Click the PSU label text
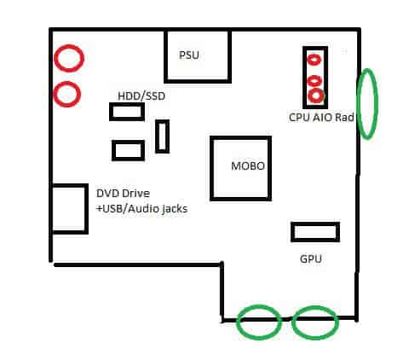pyautogui.click(x=189, y=55)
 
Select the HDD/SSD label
pyautogui.click(x=141, y=96)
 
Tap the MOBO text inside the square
pyautogui.click(x=248, y=166)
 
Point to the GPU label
pyautogui.click(x=311, y=259)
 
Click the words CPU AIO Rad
pyautogui.click(x=321, y=118)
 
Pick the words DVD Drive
pyautogui.click(x=123, y=194)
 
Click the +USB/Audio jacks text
pyautogui.click(x=141, y=209)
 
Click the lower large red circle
pyautogui.click(x=54, y=94)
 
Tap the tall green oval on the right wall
pyautogui.click(x=357, y=104)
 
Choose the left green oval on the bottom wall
pyautogui.click(x=237, y=322)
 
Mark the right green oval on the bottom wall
pyautogui.click(x=293, y=322)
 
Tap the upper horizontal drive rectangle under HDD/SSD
pyautogui.click(x=127, y=105)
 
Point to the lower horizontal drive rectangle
pyautogui.click(x=129, y=142)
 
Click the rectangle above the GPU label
pyautogui.click(x=315, y=224)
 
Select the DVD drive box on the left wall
pyautogui.click(x=86, y=209)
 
